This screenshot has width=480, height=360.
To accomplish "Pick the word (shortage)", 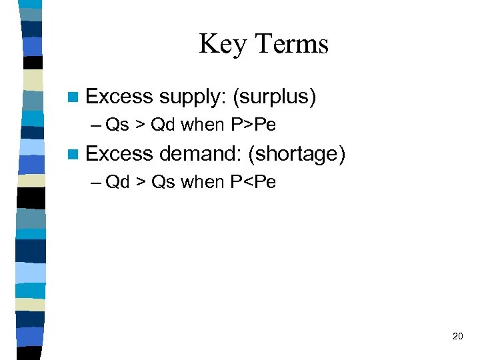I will (x=296, y=155).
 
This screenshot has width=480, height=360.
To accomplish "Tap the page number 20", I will (x=457, y=336).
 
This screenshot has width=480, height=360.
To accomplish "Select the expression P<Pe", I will (x=253, y=182).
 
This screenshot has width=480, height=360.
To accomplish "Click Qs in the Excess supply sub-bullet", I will (x=117, y=125).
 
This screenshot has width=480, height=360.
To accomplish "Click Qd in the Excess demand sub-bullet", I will (x=118, y=182).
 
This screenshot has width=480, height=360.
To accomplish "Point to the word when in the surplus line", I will (x=203, y=125).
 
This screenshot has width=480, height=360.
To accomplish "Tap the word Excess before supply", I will (x=120, y=97).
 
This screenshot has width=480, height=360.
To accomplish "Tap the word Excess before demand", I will (x=120, y=155).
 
